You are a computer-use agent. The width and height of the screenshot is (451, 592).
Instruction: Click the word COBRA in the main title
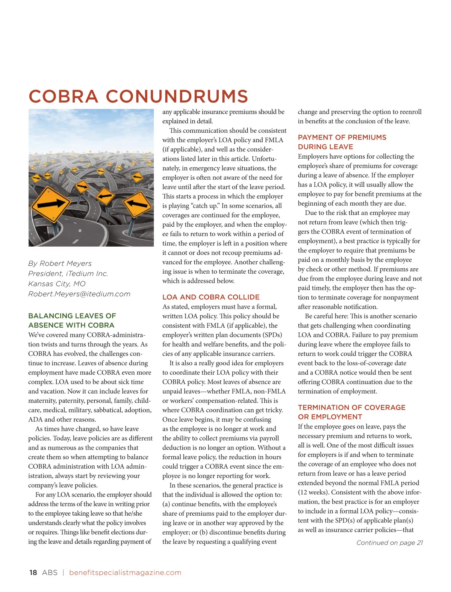63,96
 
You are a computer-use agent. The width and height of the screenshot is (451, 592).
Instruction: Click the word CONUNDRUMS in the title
177,96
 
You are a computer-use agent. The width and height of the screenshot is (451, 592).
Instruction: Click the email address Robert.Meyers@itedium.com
79,294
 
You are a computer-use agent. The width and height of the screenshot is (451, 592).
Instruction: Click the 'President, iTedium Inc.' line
68,274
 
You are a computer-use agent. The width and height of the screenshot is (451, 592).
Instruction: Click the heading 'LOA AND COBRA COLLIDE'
211,297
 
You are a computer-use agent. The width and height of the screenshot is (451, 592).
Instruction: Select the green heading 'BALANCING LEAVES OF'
72,316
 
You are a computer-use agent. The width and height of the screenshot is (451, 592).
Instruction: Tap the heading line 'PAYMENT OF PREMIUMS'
342,137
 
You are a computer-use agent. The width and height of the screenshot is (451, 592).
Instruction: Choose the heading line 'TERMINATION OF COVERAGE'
351,407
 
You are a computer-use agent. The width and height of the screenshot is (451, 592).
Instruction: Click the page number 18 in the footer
33,572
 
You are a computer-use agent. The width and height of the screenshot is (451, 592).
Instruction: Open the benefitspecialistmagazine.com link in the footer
125,572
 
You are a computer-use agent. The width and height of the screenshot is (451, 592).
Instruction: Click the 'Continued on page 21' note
389,543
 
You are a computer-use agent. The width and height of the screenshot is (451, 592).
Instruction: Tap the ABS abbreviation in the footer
50,572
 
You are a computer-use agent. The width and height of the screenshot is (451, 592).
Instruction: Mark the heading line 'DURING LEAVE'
325,147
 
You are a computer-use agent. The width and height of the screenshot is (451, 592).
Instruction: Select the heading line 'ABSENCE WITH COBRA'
71,325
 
